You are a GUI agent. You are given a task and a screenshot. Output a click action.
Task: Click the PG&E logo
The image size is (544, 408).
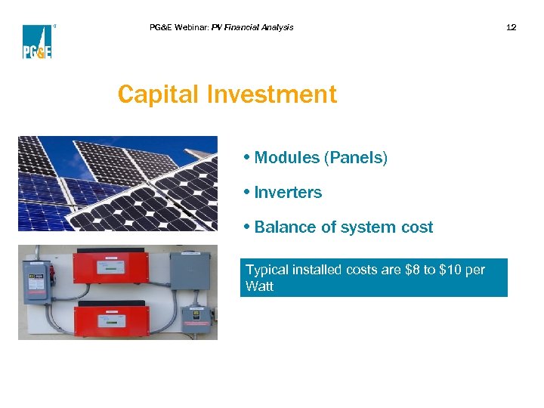37,42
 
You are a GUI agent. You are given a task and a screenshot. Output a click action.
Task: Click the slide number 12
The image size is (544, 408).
511,27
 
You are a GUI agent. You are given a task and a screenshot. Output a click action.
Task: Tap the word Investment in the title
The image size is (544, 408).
271,95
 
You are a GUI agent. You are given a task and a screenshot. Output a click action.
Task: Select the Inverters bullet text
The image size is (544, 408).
288,193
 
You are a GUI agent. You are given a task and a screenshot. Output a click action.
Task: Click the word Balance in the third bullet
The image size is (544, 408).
283,227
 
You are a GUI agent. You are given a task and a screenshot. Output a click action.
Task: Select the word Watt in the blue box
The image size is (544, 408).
259,286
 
